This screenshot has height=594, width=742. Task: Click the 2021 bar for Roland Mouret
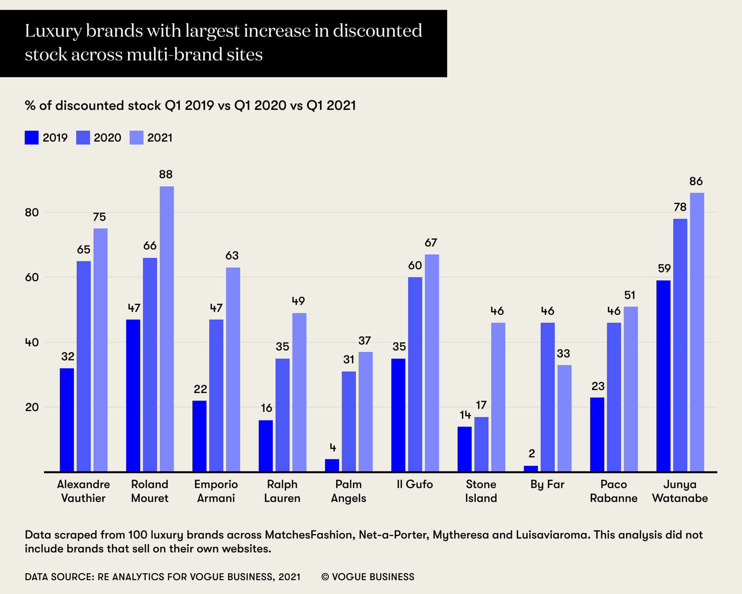166,329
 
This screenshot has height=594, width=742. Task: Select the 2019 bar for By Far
531,469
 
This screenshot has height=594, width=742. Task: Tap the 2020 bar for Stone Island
481,444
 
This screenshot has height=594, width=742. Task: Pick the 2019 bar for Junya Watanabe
663,376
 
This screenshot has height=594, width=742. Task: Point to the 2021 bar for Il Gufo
432,363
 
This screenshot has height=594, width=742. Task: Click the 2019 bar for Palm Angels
332,465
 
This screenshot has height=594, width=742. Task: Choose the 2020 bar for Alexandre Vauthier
84,366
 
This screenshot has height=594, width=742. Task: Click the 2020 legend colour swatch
83,138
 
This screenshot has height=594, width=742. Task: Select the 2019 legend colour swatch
32,138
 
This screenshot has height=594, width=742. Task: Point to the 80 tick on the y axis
32,213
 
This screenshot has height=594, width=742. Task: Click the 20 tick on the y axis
32,407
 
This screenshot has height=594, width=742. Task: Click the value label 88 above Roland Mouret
166,175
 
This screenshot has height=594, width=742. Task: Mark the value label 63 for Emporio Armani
232,256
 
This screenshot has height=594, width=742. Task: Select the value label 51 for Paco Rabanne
630,295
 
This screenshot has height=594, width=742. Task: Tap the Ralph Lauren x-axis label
282,491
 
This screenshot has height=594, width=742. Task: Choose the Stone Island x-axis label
481,491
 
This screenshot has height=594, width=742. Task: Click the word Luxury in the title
51,32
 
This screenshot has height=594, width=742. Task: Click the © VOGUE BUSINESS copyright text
368,577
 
